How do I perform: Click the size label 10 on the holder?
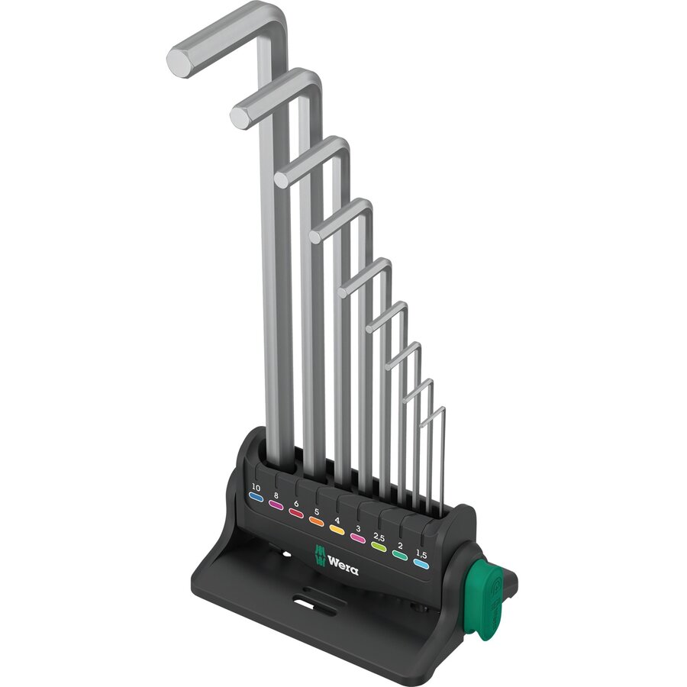(x=256, y=487)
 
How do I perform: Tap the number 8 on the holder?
(x=276, y=495)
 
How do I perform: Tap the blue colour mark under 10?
(x=256, y=497)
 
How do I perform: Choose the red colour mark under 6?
(x=296, y=514)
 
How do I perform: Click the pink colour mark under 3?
(x=356, y=538)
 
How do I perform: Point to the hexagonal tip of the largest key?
(x=179, y=63)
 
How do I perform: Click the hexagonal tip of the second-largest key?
(x=240, y=116)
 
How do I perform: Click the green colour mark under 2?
(x=399, y=556)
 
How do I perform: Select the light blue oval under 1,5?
(x=421, y=565)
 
